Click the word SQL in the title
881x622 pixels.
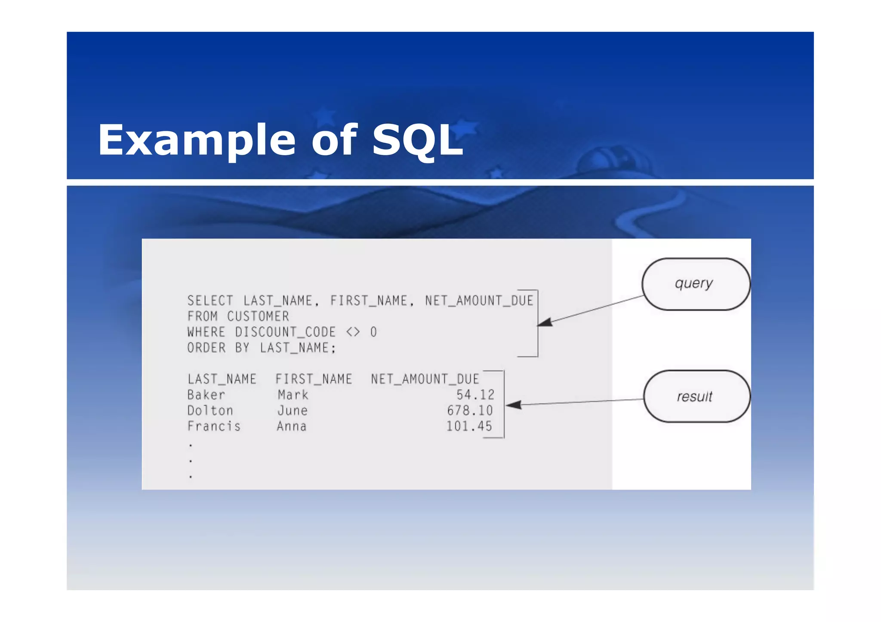coord(417,140)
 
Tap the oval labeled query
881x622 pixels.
coord(696,284)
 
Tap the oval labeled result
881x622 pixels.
coord(696,396)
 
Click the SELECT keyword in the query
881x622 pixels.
coord(210,300)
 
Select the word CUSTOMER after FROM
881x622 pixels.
coord(258,316)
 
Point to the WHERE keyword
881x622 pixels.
coord(206,332)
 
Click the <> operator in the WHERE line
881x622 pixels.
coord(353,332)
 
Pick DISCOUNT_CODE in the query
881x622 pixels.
coord(285,332)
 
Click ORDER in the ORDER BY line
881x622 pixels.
coord(206,348)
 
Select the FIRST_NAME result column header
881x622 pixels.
coord(313,379)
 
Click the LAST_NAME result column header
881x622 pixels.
coord(222,379)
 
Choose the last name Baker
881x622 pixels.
coord(206,395)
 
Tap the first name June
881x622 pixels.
coord(292,411)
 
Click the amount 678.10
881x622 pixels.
coord(470,411)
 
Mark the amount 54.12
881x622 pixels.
coord(475,395)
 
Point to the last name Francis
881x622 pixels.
coord(214,426)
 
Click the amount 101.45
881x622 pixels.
coord(469,426)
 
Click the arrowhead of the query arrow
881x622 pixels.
coord(545,322)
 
